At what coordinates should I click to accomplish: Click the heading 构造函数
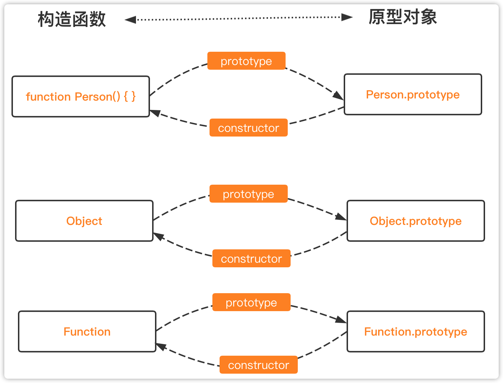point(72,19)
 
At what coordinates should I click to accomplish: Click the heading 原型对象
point(403,17)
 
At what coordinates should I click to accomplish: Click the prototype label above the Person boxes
point(246,61)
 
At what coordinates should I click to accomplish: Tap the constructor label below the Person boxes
point(248,128)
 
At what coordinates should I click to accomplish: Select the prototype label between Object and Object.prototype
point(248,194)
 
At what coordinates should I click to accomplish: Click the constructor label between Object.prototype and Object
point(251,258)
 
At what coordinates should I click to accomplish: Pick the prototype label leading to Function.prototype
point(251,302)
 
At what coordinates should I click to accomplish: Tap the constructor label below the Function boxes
point(258,365)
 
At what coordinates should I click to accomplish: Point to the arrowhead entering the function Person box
point(155,113)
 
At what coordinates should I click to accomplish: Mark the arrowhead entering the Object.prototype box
point(341,217)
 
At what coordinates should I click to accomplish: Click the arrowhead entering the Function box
point(161,346)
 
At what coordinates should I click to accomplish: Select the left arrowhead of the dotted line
point(130,20)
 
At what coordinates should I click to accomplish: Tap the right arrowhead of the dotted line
point(347,17)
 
